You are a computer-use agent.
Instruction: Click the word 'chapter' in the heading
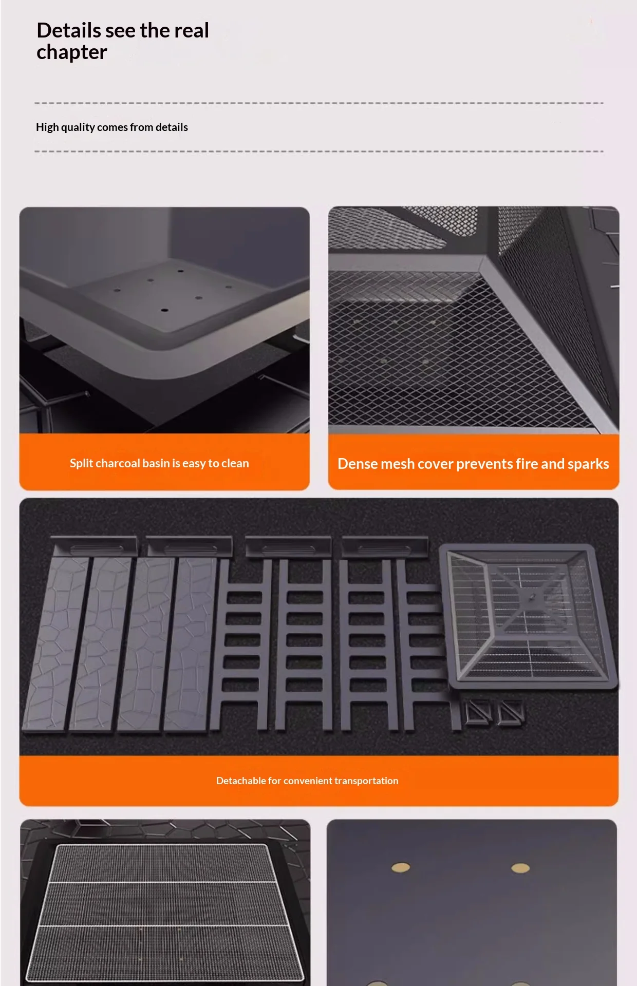point(72,53)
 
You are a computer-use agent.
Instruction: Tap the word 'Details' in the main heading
point(69,30)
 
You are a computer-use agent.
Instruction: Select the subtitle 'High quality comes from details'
point(112,127)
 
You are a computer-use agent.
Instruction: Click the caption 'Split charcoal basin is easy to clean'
point(159,463)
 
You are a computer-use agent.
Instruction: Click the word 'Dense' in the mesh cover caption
point(358,464)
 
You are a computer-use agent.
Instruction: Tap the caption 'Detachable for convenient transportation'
point(307,781)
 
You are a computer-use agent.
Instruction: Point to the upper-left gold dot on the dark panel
point(401,867)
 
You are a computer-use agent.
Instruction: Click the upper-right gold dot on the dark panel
point(520,868)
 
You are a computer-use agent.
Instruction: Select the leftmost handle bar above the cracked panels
point(95,546)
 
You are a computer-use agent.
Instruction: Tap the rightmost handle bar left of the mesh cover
point(385,547)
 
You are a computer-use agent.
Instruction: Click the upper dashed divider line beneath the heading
point(319,103)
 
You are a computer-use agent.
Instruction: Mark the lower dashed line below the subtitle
point(319,151)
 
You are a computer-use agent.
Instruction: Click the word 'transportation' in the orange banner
point(366,781)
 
